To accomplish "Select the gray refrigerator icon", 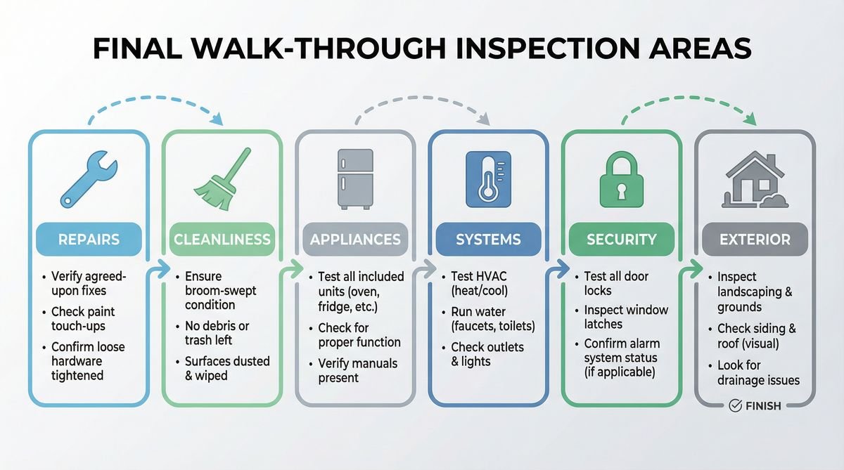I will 354,178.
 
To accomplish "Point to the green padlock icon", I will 621,180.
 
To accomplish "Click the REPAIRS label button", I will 89,240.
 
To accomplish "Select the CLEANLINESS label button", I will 222,240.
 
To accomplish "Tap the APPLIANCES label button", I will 355,240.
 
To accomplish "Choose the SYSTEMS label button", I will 488,240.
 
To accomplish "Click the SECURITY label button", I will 621,240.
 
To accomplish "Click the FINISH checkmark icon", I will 735,405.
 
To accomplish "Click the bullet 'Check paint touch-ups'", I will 83,319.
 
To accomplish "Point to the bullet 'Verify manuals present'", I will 357,370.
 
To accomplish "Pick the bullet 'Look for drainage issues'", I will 758,373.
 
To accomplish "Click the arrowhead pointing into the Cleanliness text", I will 167,268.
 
